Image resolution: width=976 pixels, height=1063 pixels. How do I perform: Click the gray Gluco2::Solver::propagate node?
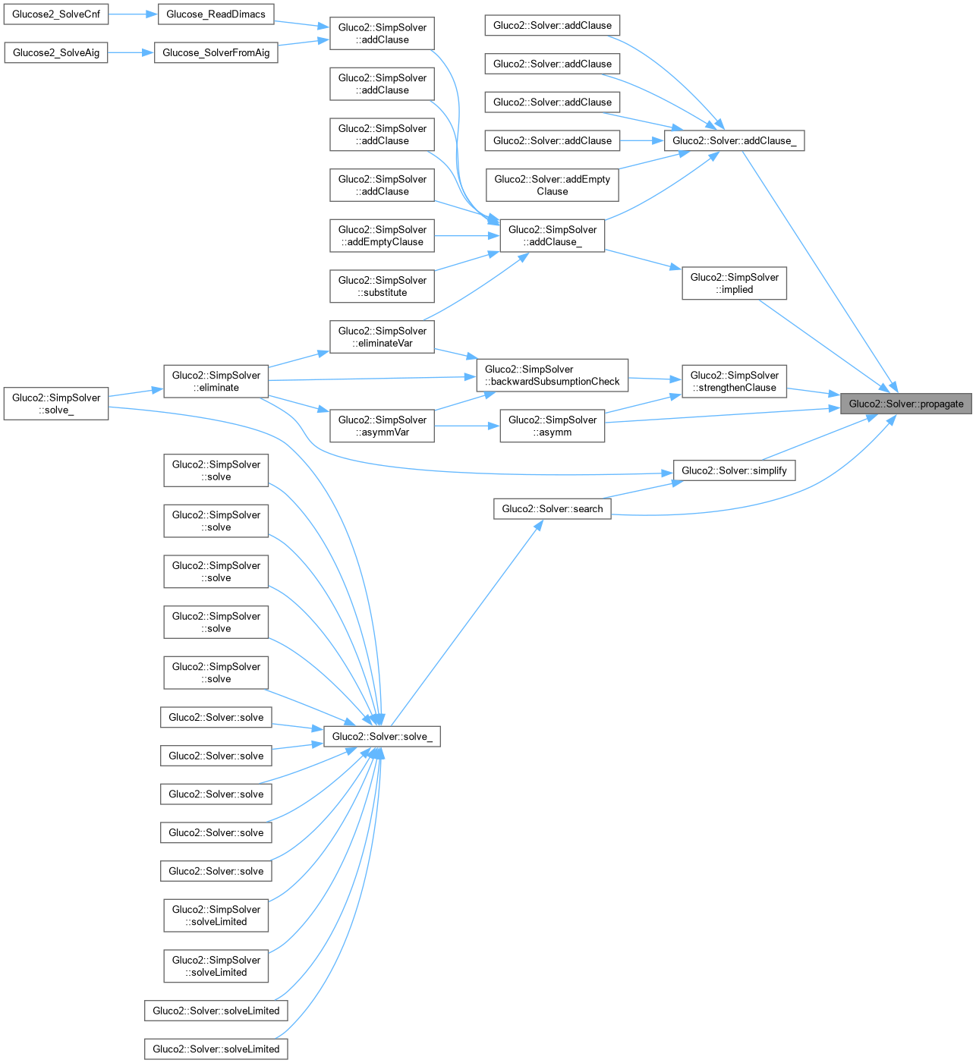pyautogui.click(x=906, y=404)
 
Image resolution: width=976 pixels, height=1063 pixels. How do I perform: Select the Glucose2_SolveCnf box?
pyautogui.click(x=56, y=14)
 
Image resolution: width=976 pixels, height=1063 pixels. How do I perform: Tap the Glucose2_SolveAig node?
pyautogui.click(x=56, y=52)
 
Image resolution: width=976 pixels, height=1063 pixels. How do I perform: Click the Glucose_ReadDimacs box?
pyautogui.click(x=216, y=14)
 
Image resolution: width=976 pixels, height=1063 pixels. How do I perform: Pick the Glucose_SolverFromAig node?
pyautogui.click(x=216, y=52)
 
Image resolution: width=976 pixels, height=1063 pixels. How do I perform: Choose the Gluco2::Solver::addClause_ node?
pyautogui.click(x=734, y=140)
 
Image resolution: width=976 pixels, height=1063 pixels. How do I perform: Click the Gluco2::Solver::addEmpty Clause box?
pyautogui.click(x=552, y=185)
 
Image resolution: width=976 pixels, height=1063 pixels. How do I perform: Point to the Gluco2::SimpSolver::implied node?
pyautogui.click(x=734, y=283)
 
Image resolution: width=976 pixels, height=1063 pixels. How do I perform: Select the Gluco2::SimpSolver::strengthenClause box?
pyautogui.click(x=734, y=381)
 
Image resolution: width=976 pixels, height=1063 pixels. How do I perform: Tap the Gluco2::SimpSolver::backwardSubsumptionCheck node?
pyautogui.click(x=552, y=375)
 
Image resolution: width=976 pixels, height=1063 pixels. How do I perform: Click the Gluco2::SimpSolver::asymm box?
pyautogui.click(x=552, y=426)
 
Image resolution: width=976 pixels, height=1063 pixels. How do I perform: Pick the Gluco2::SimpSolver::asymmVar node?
pyautogui.click(x=382, y=426)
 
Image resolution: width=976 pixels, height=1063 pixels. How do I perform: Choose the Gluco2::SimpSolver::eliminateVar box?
pyautogui.click(x=382, y=337)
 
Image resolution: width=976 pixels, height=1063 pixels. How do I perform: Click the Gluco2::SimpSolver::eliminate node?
pyautogui.click(x=216, y=381)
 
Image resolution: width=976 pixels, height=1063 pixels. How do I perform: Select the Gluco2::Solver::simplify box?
pyautogui.click(x=734, y=470)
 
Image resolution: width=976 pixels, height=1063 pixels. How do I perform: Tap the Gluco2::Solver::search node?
pyautogui.click(x=552, y=508)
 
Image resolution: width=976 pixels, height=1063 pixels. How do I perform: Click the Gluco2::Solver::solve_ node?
pyautogui.click(x=382, y=736)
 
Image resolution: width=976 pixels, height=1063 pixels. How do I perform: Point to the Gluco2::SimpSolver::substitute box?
pyautogui.click(x=382, y=286)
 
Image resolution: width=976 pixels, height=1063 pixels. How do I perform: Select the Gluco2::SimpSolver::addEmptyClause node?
pyautogui.click(x=382, y=235)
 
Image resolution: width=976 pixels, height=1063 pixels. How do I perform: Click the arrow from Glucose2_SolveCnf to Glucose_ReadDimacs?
pyautogui.click(x=133, y=14)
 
